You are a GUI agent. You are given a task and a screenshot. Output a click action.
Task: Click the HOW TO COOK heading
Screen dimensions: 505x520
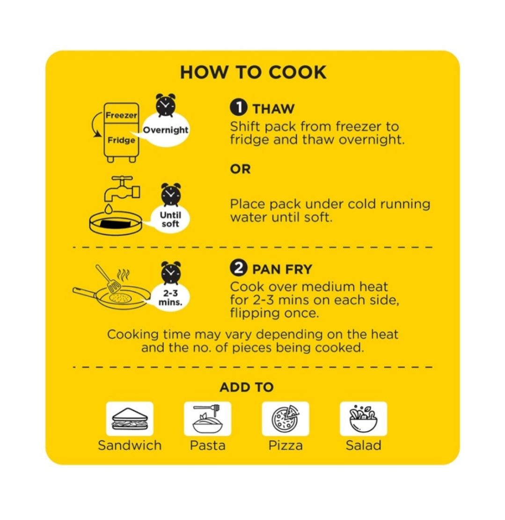(253, 72)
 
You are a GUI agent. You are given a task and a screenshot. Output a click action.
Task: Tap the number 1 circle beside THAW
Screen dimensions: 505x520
(238, 108)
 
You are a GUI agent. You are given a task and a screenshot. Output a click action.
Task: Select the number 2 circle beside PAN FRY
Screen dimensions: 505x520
(238, 268)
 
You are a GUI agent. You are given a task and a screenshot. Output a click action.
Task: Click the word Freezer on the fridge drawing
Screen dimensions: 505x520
(121, 116)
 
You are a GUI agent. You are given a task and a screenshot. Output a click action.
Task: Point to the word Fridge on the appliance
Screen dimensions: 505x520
(121, 140)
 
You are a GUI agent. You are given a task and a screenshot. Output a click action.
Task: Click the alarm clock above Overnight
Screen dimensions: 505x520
(166, 105)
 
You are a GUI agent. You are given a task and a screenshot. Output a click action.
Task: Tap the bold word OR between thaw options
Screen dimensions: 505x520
(241, 169)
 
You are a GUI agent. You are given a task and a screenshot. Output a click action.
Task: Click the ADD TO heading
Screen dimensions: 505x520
(246, 387)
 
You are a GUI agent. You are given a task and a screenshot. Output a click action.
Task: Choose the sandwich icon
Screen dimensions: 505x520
(130, 418)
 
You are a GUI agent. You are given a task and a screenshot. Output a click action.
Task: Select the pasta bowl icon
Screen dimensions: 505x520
(208, 418)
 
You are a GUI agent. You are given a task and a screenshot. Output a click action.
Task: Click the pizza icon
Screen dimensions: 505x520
(285, 418)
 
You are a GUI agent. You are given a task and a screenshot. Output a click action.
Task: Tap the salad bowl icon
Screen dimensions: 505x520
(363, 418)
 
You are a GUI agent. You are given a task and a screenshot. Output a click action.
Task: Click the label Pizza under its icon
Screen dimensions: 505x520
(285, 445)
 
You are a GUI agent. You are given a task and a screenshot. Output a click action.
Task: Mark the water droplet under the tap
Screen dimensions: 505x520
(109, 209)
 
